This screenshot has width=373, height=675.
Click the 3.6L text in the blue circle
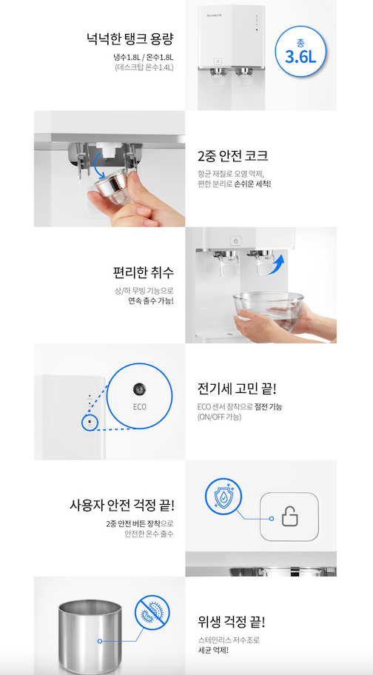[x=300, y=57]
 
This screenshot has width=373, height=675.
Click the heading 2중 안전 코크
[x=232, y=155]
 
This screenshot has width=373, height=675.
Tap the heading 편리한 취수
[x=144, y=272]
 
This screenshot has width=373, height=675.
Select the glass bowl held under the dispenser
[x=269, y=311]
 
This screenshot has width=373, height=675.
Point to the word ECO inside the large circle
[x=139, y=406]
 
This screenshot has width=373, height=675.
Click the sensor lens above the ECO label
[x=139, y=389]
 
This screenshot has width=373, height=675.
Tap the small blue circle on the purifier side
[x=90, y=422]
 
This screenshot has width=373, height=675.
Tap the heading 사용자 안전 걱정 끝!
[x=122, y=504]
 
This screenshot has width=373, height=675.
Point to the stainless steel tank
[x=90, y=636]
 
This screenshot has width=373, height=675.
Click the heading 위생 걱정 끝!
[x=232, y=621]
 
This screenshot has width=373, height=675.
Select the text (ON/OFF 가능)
[x=219, y=417]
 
